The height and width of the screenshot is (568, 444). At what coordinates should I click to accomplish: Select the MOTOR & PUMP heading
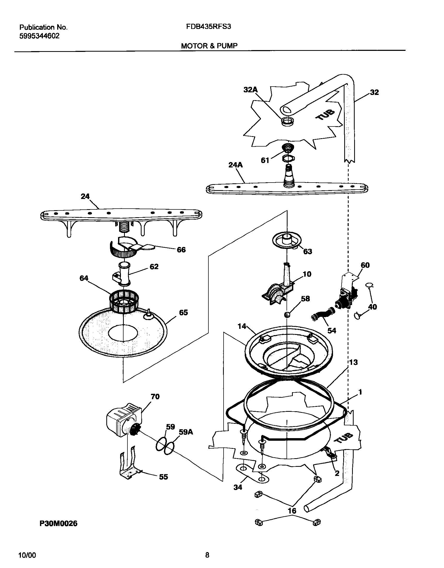click(209, 46)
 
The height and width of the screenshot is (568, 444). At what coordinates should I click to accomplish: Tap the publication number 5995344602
click(39, 36)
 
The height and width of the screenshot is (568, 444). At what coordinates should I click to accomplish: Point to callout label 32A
click(250, 90)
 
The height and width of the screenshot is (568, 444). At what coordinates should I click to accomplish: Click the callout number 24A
click(235, 165)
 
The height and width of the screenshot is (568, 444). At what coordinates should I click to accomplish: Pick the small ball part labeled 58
click(287, 315)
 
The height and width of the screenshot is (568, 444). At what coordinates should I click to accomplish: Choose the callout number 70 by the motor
click(155, 397)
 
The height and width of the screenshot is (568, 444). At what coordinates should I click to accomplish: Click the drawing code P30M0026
click(59, 524)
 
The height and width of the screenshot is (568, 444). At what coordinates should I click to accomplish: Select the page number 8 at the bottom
click(207, 555)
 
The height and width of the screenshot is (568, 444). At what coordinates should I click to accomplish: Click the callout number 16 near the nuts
click(292, 510)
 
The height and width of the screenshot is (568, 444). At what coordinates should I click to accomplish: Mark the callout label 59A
click(186, 432)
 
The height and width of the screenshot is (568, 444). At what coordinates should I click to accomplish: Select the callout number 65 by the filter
click(183, 312)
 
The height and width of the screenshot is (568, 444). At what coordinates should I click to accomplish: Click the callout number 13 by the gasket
click(353, 362)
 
